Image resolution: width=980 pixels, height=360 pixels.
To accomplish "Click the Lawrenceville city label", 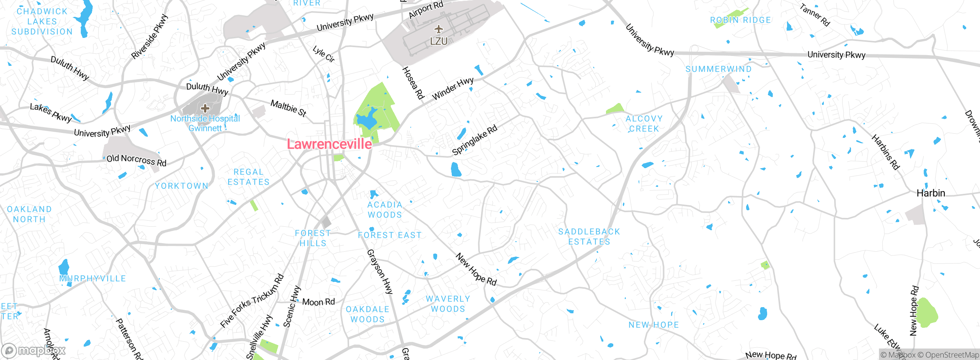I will pyautogui.click(x=329, y=144).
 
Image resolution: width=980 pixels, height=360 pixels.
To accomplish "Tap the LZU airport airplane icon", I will pyautogui.click(x=439, y=29).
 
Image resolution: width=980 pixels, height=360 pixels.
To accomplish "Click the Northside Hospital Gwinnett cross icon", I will pyautogui.click(x=205, y=108).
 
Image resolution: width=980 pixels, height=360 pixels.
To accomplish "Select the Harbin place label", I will pyautogui.click(x=931, y=193).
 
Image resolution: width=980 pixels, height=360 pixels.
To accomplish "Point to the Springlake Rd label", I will pyautogui.click(x=475, y=140).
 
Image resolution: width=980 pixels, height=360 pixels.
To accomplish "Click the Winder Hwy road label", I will pyautogui.click(x=453, y=89).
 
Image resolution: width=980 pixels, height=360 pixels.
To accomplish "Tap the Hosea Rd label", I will pyautogui.click(x=413, y=83).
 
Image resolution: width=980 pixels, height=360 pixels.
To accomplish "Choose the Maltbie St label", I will pyautogui.click(x=288, y=108).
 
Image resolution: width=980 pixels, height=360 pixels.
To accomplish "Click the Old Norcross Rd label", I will pyautogui.click(x=136, y=160).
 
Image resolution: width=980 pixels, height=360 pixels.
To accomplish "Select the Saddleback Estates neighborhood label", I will pyautogui.click(x=589, y=237).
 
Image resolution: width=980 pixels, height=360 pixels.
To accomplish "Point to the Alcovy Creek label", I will pyautogui.click(x=644, y=124).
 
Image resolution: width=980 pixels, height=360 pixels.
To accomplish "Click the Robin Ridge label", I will pyautogui.click(x=740, y=20).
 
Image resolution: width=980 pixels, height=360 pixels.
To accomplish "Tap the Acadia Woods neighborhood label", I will pyautogui.click(x=385, y=210).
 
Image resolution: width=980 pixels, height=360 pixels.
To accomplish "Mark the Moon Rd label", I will pyautogui.click(x=318, y=302).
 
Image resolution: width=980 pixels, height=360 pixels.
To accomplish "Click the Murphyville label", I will pyautogui.click(x=93, y=278).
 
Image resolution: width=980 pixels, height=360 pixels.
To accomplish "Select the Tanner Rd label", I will pyautogui.click(x=815, y=15).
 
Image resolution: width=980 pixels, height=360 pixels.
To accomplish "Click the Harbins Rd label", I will pyautogui.click(x=885, y=152).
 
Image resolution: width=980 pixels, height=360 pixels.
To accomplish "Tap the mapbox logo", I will pyautogui.click(x=34, y=350).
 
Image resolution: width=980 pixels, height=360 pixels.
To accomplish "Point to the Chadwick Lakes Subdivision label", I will pyautogui.click(x=42, y=21).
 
